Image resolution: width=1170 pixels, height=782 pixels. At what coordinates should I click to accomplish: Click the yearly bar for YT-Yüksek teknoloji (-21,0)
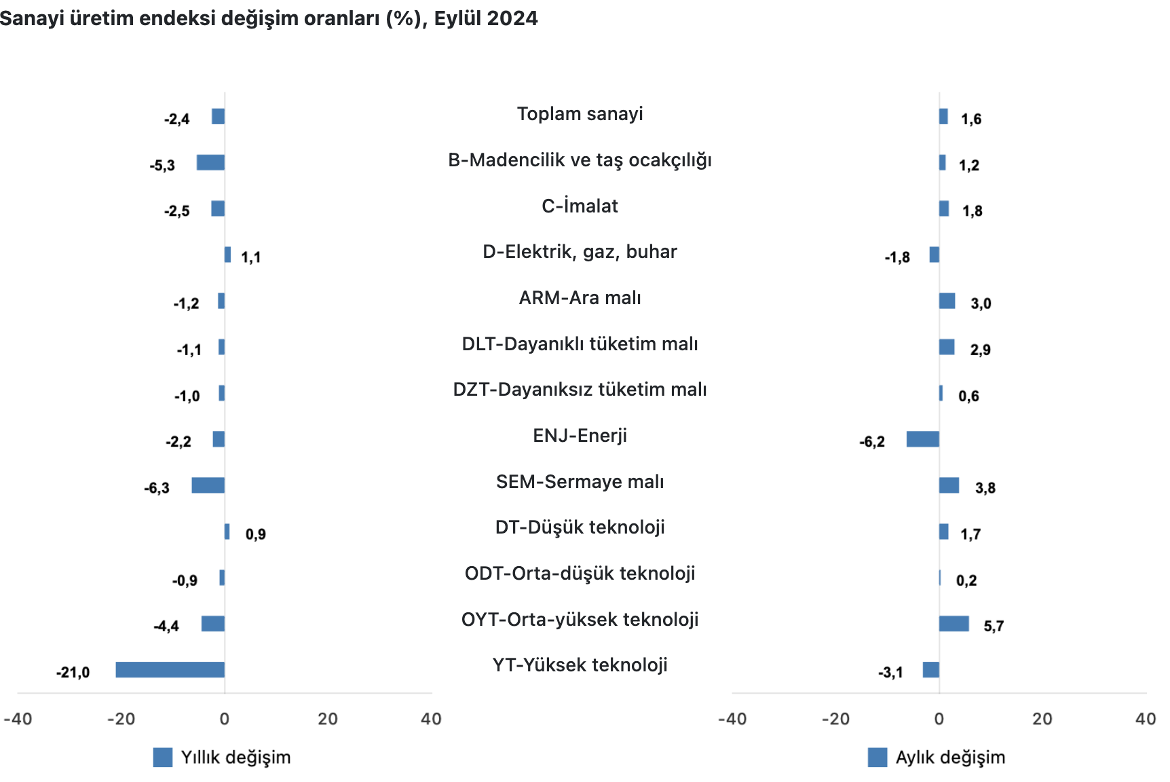[x=170, y=669]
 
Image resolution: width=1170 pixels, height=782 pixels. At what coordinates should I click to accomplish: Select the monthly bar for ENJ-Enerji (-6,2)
[x=922, y=439]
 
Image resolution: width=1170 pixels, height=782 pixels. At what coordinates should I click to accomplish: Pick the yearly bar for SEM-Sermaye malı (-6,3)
[x=208, y=485]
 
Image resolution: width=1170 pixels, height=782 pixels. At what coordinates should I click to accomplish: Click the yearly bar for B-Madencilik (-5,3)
[x=210, y=162]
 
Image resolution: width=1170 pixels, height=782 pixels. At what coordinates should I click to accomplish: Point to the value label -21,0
[x=73, y=673]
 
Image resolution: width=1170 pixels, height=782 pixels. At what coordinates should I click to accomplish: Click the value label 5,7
[x=994, y=627]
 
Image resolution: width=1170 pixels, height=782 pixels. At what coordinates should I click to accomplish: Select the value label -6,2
[x=872, y=442]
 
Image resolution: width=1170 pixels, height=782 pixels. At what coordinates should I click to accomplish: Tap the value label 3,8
[x=985, y=488]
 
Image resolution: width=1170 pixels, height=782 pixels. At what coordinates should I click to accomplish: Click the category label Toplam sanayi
[x=580, y=114]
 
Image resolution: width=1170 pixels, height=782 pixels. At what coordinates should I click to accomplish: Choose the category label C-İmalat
[x=580, y=206]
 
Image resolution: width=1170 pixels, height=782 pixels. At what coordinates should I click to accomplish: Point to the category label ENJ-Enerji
[x=580, y=435]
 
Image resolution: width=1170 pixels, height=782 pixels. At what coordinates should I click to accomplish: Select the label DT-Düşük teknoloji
[x=580, y=527]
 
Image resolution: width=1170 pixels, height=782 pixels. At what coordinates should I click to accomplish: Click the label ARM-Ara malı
[x=580, y=298]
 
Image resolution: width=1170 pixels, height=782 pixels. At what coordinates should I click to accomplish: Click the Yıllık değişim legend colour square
[x=163, y=758]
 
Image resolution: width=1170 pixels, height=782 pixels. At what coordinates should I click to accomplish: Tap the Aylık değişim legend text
[x=950, y=758]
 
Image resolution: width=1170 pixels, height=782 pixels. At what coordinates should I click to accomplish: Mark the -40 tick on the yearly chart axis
[x=18, y=720]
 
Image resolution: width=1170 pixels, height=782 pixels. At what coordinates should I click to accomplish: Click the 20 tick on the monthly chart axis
[x=1042, y=720]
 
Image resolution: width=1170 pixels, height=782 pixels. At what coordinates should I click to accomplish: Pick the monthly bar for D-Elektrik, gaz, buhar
[x=935, y=255]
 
